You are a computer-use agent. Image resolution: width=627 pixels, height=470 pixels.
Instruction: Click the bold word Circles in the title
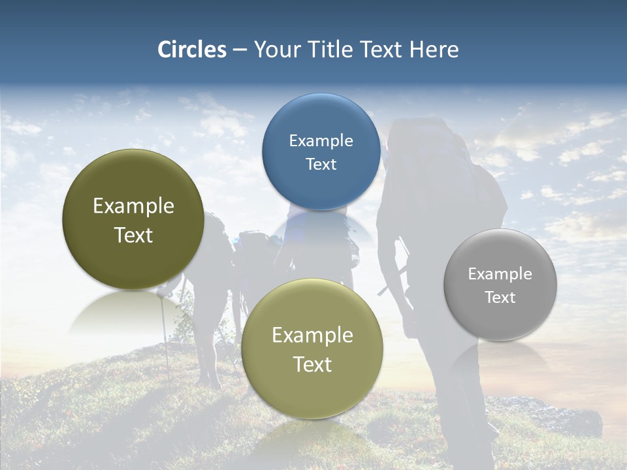(192, 50)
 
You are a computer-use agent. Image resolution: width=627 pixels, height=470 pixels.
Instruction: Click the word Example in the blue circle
(321, 140)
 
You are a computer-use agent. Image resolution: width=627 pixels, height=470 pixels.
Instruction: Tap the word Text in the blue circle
(321, 164)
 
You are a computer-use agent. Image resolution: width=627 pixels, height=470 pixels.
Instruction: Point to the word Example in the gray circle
(500, 274)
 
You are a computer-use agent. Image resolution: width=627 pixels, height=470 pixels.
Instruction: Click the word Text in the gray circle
(500, 297)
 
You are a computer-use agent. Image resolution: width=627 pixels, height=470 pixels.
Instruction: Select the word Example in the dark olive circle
(133, 206)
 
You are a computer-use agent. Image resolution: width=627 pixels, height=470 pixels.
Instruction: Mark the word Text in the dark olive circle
(133, 235)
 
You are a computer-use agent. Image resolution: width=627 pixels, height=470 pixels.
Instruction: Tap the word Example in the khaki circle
(312, 335)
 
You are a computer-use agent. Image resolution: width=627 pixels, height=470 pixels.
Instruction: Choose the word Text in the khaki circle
(312, 364)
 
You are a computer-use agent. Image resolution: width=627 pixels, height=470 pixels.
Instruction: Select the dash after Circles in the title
(240, 50)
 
